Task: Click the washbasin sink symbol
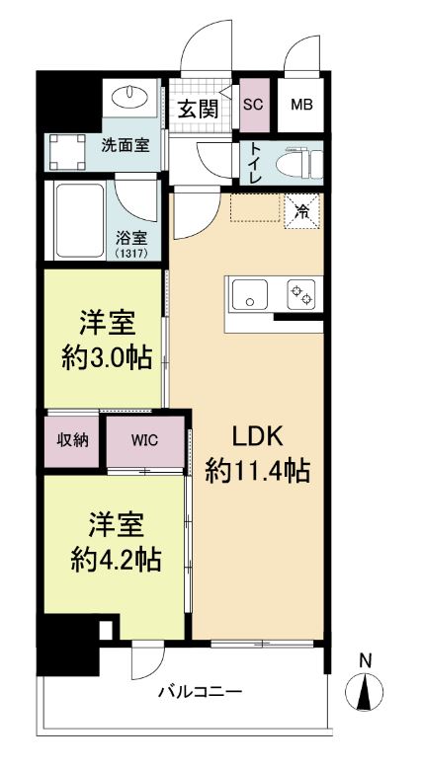click(x=128, y=97)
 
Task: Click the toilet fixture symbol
click(x=297, y=163)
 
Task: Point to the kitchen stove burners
click(x=299, y=295)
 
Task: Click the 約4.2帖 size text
click(x=116, y=560)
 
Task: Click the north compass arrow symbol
click(x=367, y=693)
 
